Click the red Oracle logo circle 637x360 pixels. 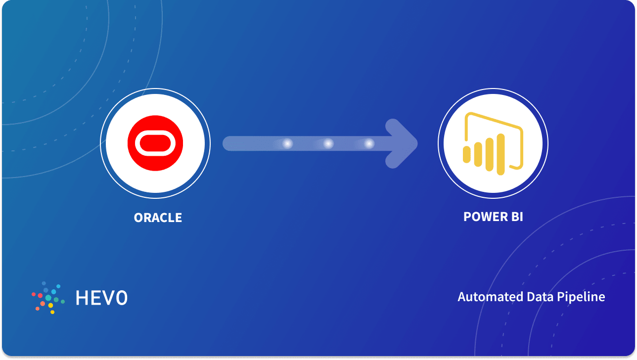coord(155,143)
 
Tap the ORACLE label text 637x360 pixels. coord(158,218)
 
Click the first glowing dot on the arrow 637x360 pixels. coord(287,144)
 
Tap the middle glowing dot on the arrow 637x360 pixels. coord(328,144)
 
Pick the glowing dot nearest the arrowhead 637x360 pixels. coord(369,144)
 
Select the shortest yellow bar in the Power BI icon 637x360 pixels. coord(466,154)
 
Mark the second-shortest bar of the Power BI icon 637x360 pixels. coord(477,154)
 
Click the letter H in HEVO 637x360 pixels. coord(82,297)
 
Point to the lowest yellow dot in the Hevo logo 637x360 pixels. coord(52,312)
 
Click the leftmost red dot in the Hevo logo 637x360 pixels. coord(34,294)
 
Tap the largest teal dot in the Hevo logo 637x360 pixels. coord(48,298)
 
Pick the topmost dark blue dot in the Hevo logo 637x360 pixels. coord(44,283)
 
